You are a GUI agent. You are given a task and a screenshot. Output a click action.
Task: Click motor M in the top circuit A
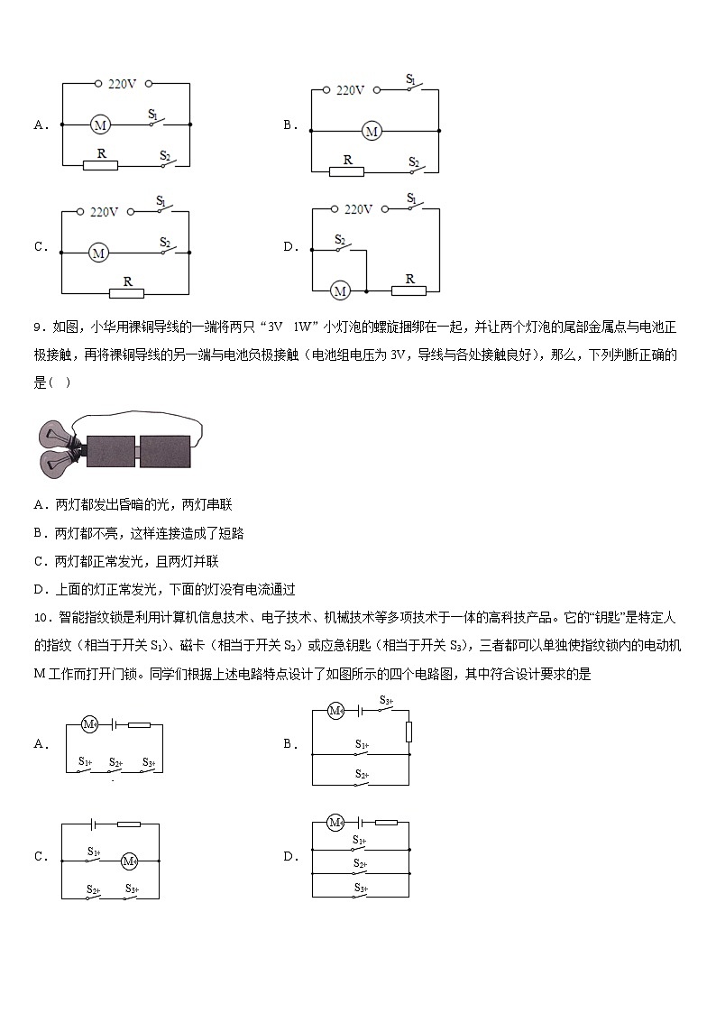(101, 124)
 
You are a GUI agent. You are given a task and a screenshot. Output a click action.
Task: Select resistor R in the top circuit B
(346, 170)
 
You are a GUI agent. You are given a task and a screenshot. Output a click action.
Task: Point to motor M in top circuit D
(340, 290)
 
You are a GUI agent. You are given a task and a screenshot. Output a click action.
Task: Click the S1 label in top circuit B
(411, 80)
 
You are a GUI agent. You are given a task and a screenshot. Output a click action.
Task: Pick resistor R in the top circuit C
(126, 293)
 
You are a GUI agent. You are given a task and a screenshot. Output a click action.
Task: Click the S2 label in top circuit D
(340, 240)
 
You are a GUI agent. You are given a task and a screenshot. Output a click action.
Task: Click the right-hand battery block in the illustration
(165, 451)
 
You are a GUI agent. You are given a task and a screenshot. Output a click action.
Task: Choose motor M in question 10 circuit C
(129, 861)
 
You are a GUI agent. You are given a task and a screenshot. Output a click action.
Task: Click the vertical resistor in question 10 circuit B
(408, 731)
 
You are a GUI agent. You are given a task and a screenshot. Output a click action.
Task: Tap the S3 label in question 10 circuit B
(386, 700)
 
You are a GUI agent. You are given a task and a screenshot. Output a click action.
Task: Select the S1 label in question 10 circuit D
(359, 841)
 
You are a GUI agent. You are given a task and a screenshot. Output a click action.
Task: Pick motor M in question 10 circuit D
(335, 822)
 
